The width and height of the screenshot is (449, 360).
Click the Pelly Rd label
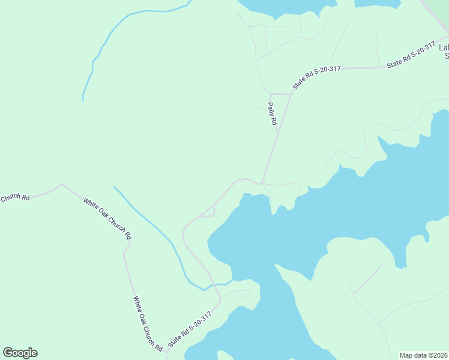273,114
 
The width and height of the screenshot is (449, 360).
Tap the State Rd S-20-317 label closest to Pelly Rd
316,78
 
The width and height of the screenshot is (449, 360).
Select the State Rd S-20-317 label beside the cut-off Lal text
411,54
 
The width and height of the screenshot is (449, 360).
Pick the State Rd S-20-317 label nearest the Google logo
190,329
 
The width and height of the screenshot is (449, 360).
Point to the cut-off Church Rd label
14,197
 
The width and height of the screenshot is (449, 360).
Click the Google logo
20,353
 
